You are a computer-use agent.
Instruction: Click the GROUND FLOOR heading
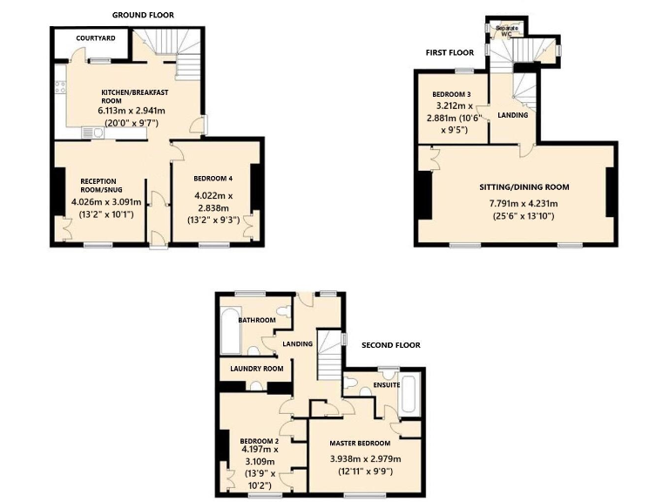click(x=143, y=15)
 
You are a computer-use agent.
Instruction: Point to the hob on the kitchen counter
click(x=60, y=86)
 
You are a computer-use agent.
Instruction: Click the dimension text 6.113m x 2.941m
click(x=132, y=111)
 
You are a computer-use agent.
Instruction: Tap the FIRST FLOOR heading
click(x=449, y=52)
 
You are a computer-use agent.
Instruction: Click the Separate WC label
click(x=507, y=31)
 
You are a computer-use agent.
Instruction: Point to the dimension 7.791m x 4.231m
click(x=517, y=203)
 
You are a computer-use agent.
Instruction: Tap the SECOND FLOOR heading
click(x=391, y=345)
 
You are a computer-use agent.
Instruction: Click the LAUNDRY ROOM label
click(x=257, y=369)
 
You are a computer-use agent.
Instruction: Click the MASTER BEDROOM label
click(x=360, y=443)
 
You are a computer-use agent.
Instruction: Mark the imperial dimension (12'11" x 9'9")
click(x=360, y=471)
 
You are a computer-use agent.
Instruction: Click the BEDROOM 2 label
click(x=259, y=440)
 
